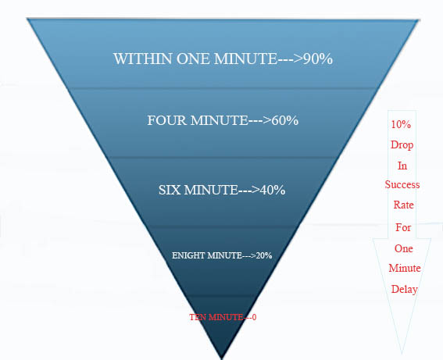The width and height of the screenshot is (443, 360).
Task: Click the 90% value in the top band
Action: [x=317, y=59]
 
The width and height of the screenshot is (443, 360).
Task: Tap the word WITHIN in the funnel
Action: [x=143, y=59]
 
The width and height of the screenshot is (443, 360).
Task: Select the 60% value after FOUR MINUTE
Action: [x=284, y=120]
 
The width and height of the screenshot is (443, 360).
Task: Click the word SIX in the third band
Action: [x=170, y=190]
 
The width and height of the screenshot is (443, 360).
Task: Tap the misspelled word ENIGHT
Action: [x=188, y=255]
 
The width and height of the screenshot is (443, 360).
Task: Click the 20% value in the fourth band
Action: [x=264, y=255]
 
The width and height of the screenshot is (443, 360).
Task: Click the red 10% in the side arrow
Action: [x=401, y=124]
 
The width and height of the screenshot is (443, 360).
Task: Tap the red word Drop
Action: [x=402, y=144]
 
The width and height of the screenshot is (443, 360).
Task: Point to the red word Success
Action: [x=402, y=184]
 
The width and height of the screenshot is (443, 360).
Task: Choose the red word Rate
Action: [x=403, y=205]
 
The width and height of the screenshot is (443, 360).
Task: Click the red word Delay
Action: [x=404, y=290]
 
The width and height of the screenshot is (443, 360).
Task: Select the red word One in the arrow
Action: [x=403, y=249]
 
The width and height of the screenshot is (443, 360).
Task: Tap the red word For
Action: [x=403, y=227]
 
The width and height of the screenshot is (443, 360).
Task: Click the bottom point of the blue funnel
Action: [x=222, y=358]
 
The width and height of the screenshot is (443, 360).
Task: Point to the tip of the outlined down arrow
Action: [x=402, y=354]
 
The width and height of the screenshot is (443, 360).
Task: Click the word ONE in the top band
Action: [x=194, y=59]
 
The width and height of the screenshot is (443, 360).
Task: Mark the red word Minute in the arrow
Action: [x=405, y=268]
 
